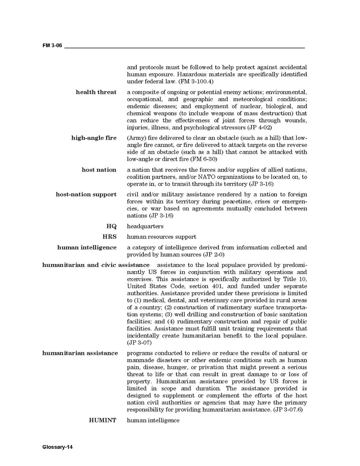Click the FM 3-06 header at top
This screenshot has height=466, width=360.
[52, 46]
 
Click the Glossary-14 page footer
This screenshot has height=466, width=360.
[58, 447]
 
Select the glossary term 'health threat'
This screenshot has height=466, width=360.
[96, 92]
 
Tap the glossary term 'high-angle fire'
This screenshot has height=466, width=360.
[94, 138]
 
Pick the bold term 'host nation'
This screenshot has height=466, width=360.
[99, 170]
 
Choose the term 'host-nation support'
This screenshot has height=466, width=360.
[86, 194]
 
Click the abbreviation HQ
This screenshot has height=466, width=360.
[112, 226]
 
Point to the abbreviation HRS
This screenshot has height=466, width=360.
[109, 237]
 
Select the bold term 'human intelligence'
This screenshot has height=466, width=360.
[87, 247]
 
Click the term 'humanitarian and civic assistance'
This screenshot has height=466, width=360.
[96, 265]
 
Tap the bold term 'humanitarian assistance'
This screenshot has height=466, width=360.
[80, 353]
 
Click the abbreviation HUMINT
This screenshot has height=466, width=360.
[103, 420]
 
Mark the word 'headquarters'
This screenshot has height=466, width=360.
[145, 226]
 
